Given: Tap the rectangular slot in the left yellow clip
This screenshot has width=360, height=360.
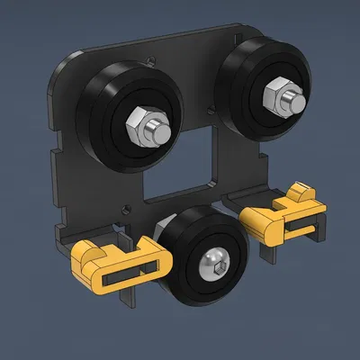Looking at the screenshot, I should (135, 271).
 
